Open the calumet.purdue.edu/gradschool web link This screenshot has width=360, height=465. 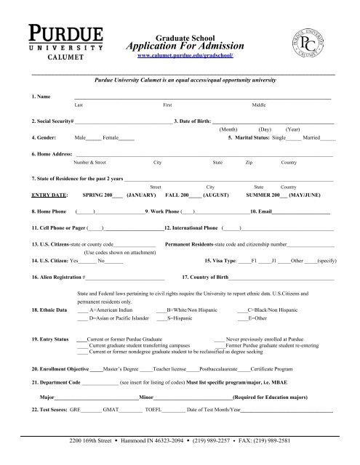pos(189,55)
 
